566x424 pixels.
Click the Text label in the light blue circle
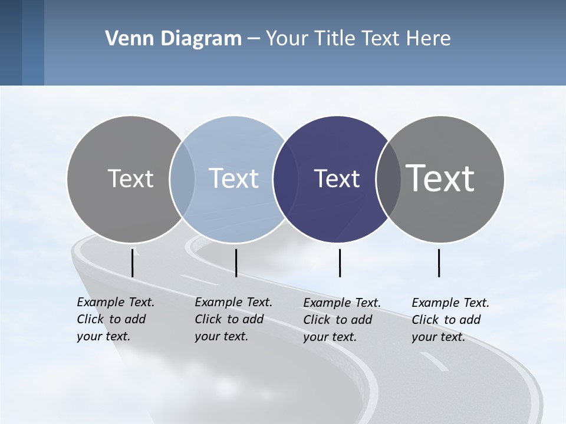pos(234,178)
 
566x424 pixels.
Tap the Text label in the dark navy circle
pos(337,178)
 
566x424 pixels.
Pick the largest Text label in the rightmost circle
pos(440,178)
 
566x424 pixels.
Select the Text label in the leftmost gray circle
pos(130,178)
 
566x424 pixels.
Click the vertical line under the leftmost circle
pos(132,263)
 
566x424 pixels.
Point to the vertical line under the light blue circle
pos(236,263)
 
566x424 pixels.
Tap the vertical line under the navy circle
pos(340,263)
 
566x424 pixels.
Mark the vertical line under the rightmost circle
pos(439,263)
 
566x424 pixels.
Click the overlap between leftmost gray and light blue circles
pos(182,178)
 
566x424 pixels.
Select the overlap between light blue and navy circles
pos(285,178)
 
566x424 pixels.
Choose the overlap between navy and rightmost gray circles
pos(388,178)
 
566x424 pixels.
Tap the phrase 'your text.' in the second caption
pos(221,336)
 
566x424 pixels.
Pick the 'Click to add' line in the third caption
pos(338,320)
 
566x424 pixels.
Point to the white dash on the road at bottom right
pos(434,362)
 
